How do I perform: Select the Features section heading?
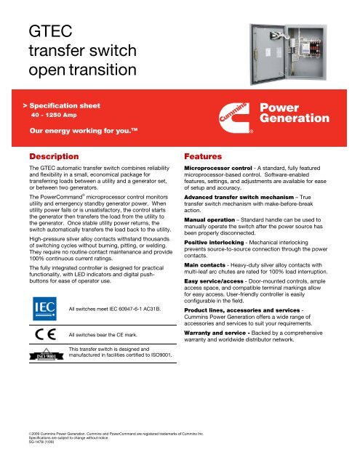[x=209, y=156]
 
